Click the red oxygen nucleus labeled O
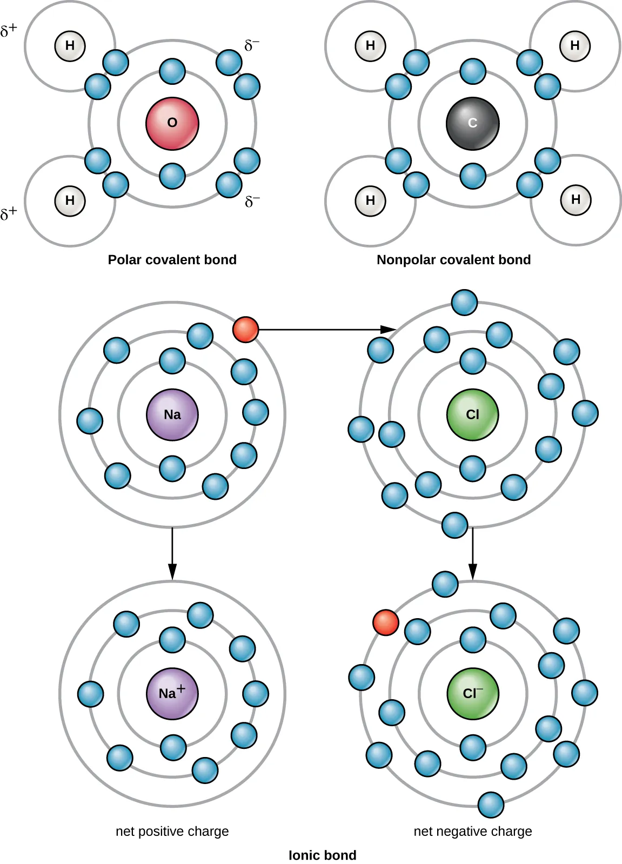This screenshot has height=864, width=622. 172,123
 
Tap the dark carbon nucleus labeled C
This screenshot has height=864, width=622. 472,123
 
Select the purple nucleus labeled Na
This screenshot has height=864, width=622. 172,414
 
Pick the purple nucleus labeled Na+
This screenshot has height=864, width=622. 172,693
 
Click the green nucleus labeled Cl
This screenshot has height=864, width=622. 472,414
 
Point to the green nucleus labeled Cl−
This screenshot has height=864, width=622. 472,693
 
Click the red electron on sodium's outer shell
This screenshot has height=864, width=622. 245,329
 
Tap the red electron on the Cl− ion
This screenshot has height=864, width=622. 386,622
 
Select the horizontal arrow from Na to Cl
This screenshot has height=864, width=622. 324,329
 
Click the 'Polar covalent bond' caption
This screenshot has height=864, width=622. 172,260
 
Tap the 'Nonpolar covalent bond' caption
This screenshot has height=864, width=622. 453,260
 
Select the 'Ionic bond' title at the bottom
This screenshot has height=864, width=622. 322,855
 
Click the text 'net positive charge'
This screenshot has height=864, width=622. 172,831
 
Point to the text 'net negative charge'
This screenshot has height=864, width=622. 472,831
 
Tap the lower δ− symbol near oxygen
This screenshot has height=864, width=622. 252,202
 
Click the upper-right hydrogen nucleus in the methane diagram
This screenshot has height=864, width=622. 575,46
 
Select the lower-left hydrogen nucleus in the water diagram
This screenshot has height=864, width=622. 70,200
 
